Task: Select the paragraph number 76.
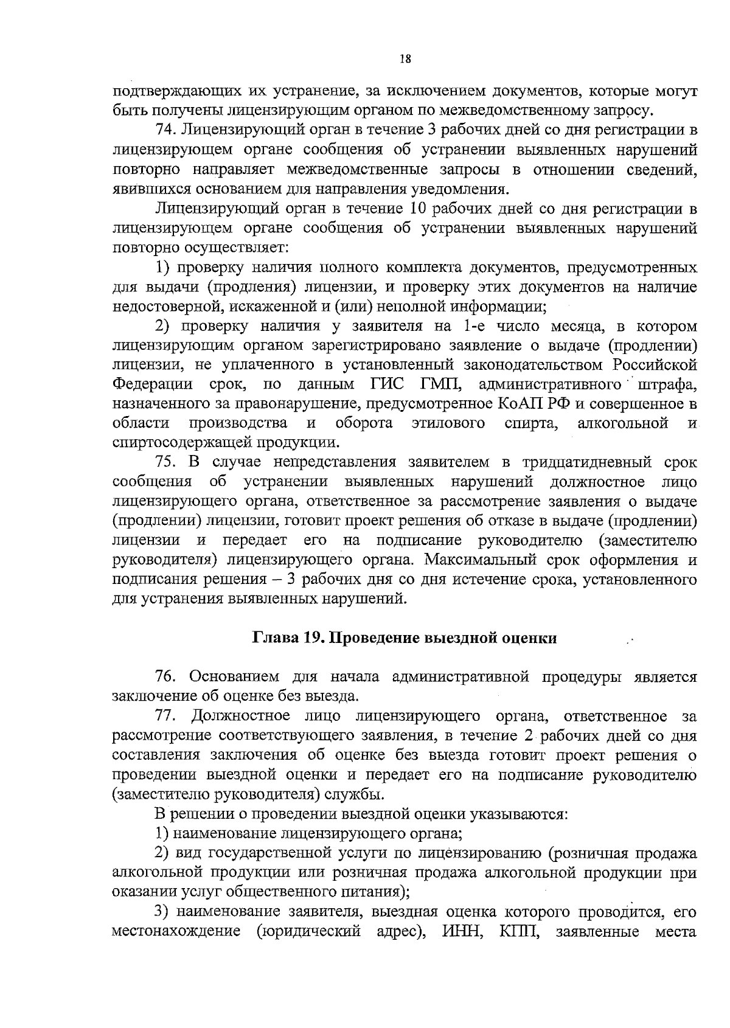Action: click(x=165, y=676)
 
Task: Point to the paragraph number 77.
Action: click(x=165, y=715)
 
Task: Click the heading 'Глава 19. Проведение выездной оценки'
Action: click(x=405, y=638)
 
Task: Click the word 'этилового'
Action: click(x=448, y=423)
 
